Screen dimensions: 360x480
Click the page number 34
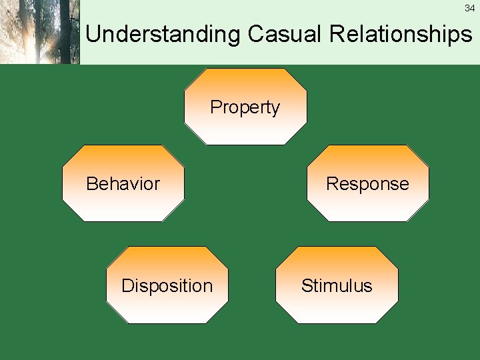[469, 9]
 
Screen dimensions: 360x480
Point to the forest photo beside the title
[39, 32]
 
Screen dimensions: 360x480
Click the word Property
[245, 107]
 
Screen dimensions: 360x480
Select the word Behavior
[123, 184]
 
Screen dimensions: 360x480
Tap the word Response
[367, 184]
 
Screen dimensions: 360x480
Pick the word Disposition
[167, 286]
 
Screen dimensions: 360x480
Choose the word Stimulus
[336, 286]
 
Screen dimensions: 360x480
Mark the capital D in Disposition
[127, 286]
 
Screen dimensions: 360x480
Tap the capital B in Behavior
[91, 184]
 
